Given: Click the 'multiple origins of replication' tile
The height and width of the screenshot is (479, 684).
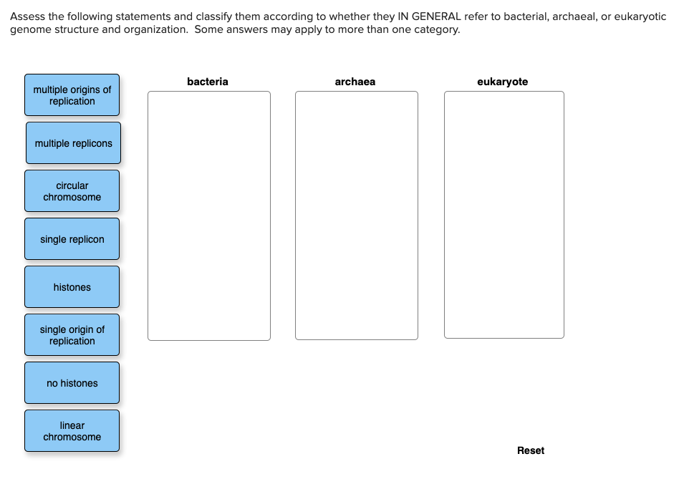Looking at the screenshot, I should click(72, 95).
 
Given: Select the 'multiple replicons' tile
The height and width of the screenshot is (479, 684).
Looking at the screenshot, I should click(73, 143).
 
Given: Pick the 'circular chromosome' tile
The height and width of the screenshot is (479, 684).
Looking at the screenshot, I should click(72, 191).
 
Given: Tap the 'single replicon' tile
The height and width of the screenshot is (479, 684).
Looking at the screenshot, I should click(72, 239).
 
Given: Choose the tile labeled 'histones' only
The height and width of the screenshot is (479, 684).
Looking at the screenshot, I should click(72, 287).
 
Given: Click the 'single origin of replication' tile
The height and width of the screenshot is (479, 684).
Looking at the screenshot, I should click(72, 335).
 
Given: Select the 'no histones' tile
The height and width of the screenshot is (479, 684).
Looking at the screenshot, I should click(72, 383).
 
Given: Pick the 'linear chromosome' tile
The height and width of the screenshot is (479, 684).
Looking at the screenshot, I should click(72, 431).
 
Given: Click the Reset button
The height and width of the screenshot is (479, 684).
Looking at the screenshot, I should click(530, 450).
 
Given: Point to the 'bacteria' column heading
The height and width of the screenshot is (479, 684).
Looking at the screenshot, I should click(208, 82).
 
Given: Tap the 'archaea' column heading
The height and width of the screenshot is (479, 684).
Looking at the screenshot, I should click(355, 82).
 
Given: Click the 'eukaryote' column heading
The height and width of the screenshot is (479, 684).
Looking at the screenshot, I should click(503, 82).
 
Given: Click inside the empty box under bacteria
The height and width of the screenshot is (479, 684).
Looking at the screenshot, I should click(209, 215).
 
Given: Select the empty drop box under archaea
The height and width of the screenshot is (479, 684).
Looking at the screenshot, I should click(357, 215).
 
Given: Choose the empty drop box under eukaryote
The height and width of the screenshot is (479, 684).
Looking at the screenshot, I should click(504, 215).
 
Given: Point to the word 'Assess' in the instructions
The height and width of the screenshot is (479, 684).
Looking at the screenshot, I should click(26, 16).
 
